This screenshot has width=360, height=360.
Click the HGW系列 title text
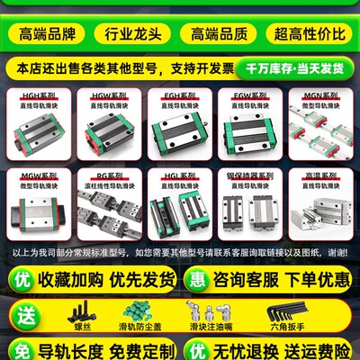(110, 94)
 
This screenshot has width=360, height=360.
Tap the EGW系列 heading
(249, 94)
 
